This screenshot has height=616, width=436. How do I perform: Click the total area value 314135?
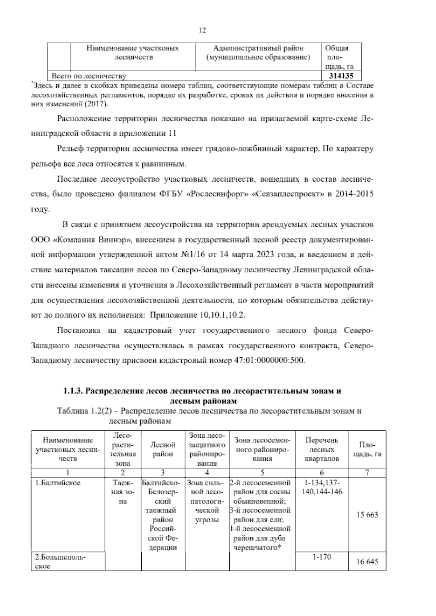[x=340, y=76]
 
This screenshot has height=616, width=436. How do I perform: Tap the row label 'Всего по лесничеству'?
[x=89, y=76]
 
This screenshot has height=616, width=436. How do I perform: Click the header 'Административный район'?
[x=258, y=48]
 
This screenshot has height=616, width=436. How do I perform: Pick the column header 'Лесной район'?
[x=163, y=449]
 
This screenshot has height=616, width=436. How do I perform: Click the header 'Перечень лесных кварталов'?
[x=322, y=449]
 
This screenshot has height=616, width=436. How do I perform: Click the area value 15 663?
[x=367, y=515]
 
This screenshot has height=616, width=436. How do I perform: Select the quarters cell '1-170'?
[x=322, y=557]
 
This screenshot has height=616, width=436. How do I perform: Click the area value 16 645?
[x=367, y=562]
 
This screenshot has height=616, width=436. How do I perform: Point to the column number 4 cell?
[x=207, y=473]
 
